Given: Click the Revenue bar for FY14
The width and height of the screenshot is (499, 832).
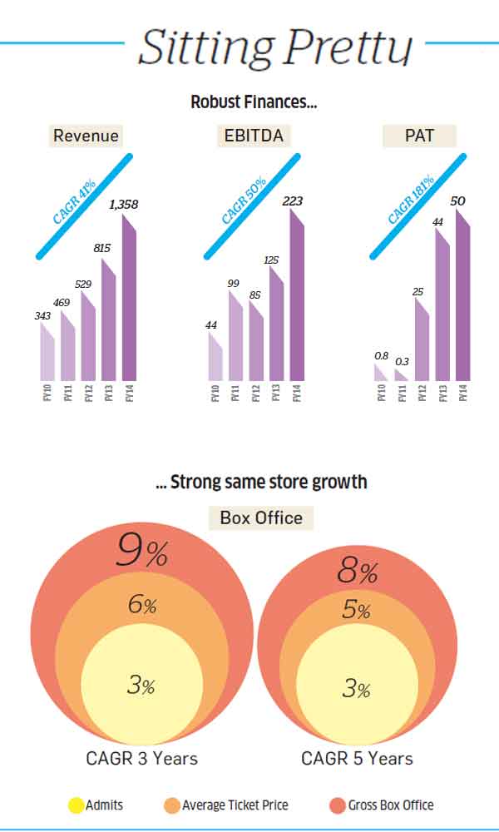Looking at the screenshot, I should click(129, 300).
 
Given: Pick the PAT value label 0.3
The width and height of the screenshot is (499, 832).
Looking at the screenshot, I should click(402, 360).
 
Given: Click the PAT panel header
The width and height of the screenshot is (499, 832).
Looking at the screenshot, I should click(419, 136).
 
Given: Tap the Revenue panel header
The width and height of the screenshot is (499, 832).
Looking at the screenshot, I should click(86, 136).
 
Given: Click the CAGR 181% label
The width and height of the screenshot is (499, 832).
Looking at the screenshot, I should click(412, 200).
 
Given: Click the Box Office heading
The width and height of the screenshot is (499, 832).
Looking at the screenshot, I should click(261, 518).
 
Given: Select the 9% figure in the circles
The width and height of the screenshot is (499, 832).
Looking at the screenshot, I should click(142, 552).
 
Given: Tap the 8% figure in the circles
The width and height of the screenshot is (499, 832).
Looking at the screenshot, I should click(358, 571).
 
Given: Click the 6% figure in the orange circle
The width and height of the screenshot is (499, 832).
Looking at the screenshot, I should click(141, 605).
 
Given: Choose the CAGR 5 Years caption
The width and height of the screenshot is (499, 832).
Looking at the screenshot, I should click(357, 758).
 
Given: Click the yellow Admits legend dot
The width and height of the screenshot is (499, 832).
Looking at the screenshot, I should click(76, 805).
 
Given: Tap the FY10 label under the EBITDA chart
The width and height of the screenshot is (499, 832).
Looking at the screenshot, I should click(215, 392).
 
